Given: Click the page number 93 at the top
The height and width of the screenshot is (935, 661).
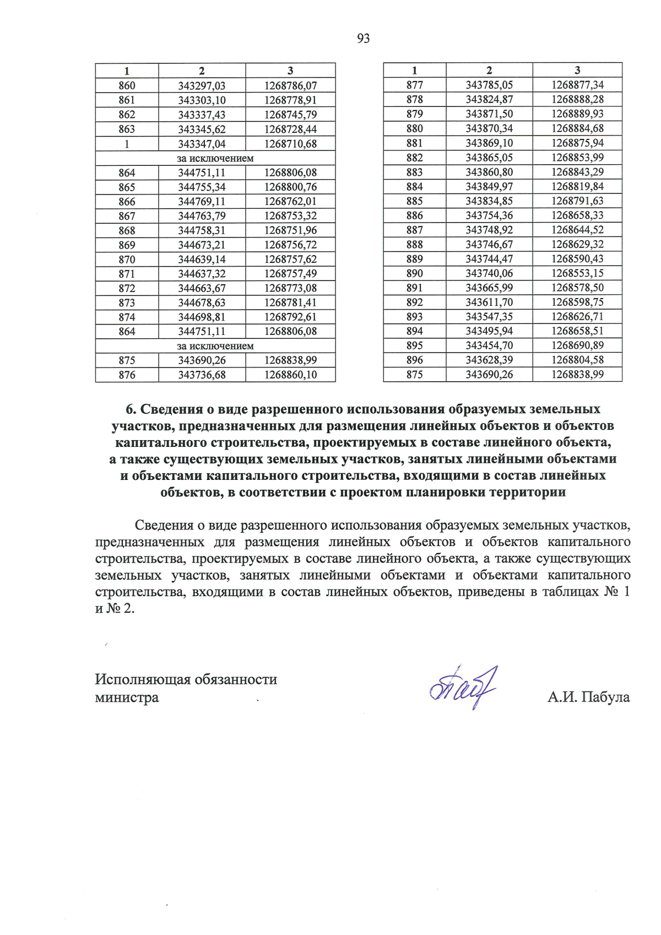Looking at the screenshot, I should click(363, 39).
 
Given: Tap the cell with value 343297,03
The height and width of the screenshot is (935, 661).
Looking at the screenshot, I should click(202, 86).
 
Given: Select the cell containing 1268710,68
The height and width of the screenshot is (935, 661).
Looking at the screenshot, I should click(290, 144).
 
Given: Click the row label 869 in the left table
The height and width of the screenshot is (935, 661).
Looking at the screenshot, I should click(127, 245).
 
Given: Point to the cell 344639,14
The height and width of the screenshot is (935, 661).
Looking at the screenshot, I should click(202, 260).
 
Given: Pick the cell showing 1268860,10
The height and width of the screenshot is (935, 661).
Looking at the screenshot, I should click(290, 375).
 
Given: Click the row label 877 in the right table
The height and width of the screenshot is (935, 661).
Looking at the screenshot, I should click(414, 85).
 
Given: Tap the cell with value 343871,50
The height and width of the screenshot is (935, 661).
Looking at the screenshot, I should click(489, 114).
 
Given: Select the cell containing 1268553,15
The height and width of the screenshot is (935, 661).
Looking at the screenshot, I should click(577, 273).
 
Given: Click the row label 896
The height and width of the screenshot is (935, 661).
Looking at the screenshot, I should click(414, 360).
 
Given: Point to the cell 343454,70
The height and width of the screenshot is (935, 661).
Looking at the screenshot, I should click(489, 345).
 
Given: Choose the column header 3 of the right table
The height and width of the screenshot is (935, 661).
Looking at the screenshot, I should click(577, 70).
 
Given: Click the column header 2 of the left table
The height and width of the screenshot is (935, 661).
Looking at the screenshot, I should click(202, 71).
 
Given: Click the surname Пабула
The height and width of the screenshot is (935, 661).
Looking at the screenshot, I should click(605, 698).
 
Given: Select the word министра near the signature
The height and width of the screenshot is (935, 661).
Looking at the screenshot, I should click(127, 698).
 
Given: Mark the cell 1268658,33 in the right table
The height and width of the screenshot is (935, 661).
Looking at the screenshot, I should click(577, 215).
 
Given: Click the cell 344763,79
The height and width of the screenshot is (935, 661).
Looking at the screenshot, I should click(202, 216).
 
